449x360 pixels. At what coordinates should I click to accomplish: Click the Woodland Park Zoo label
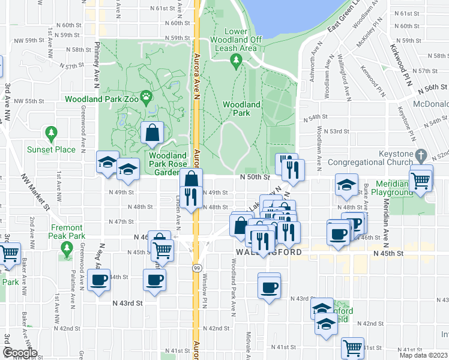tap(102, 99)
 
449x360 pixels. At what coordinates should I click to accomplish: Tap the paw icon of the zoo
tap(146, 96)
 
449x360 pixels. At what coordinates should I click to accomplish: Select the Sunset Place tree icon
tap(51, 132)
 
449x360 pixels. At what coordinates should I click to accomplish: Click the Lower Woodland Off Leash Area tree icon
tap(236, 59)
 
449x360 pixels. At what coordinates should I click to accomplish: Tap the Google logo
tap(20, 353)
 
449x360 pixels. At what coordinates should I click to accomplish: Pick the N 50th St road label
tap(252, 177)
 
